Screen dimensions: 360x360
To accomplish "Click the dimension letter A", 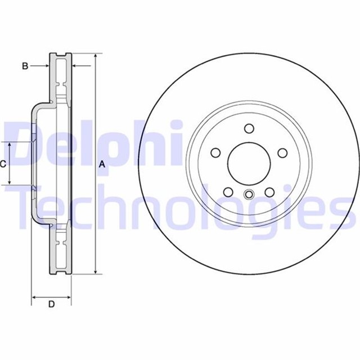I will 102,164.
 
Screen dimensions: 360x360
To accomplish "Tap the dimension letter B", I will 25,66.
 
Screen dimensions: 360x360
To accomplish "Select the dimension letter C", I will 3,164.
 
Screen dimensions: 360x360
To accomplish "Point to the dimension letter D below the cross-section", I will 51,304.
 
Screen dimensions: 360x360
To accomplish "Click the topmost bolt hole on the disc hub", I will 249,129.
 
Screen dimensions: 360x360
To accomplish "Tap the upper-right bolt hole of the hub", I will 282,152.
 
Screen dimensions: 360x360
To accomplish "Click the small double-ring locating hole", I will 249,196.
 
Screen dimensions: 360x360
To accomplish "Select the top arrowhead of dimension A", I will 95,56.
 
